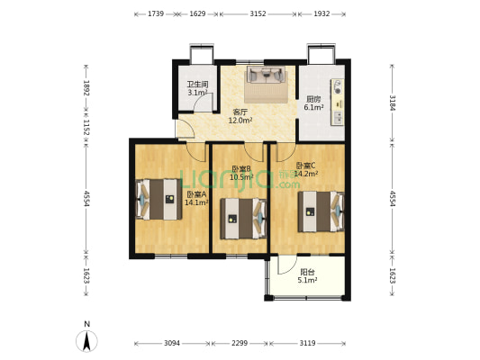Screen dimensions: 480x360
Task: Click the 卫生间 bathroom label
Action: coord(197,84)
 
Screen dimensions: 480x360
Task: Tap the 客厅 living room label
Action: coord(240,112)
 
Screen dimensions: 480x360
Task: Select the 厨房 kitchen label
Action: coord(313,99)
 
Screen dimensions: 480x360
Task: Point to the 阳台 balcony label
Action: coord(307,272)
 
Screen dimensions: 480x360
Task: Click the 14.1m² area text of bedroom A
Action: coord(196,202)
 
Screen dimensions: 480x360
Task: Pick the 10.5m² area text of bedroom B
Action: coord(241,176)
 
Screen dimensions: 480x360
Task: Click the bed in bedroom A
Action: coord(158,199)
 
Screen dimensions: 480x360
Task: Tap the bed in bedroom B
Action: coord(243,219)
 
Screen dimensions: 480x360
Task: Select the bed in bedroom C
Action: coord(322,211)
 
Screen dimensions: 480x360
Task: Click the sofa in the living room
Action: coord(267,75)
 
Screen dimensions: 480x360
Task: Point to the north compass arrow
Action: coord(87,341)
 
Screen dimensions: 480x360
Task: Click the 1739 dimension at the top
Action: coord(156,13)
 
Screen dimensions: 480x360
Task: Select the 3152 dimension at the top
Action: coord(258,13)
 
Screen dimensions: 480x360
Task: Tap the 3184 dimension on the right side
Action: coord(392,103)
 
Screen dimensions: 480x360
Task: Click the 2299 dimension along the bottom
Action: coord(240,343)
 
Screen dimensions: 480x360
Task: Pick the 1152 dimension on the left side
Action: coord(86,127)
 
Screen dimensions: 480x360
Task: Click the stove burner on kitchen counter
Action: coord(338,87)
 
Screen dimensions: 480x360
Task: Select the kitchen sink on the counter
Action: coord(338,118)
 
